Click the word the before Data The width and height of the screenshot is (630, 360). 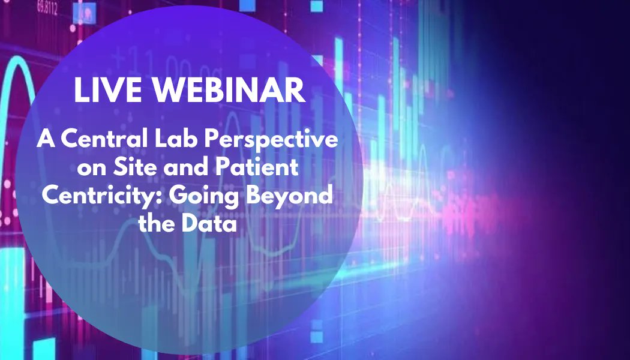pyautogui.click(x=157, y=224)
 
